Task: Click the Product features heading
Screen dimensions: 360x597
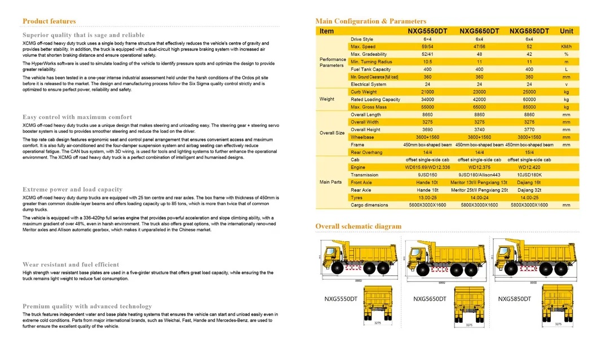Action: click(49, 21)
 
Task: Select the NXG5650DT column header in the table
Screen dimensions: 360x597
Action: click(479, 31)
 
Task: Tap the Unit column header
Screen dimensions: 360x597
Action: click(566, 31)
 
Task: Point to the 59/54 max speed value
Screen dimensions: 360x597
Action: click(427, 47)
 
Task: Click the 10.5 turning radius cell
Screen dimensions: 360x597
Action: click(427, 61)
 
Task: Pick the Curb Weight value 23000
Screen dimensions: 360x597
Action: click(479, 92)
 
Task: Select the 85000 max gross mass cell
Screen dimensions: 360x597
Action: click(529, 107)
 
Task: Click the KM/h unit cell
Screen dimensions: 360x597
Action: click(566, 47)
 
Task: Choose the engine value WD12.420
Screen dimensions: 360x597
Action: click(529, 167)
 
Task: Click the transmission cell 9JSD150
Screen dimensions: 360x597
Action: click(427, 175)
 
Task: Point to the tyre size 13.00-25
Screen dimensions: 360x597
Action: click(427, 198)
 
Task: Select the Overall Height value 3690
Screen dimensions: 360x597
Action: click(427, 130)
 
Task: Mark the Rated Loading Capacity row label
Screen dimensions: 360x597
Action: click(375, 100)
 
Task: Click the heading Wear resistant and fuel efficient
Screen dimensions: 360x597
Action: click(70, 264)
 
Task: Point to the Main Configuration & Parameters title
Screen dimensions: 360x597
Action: click(370, 21)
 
